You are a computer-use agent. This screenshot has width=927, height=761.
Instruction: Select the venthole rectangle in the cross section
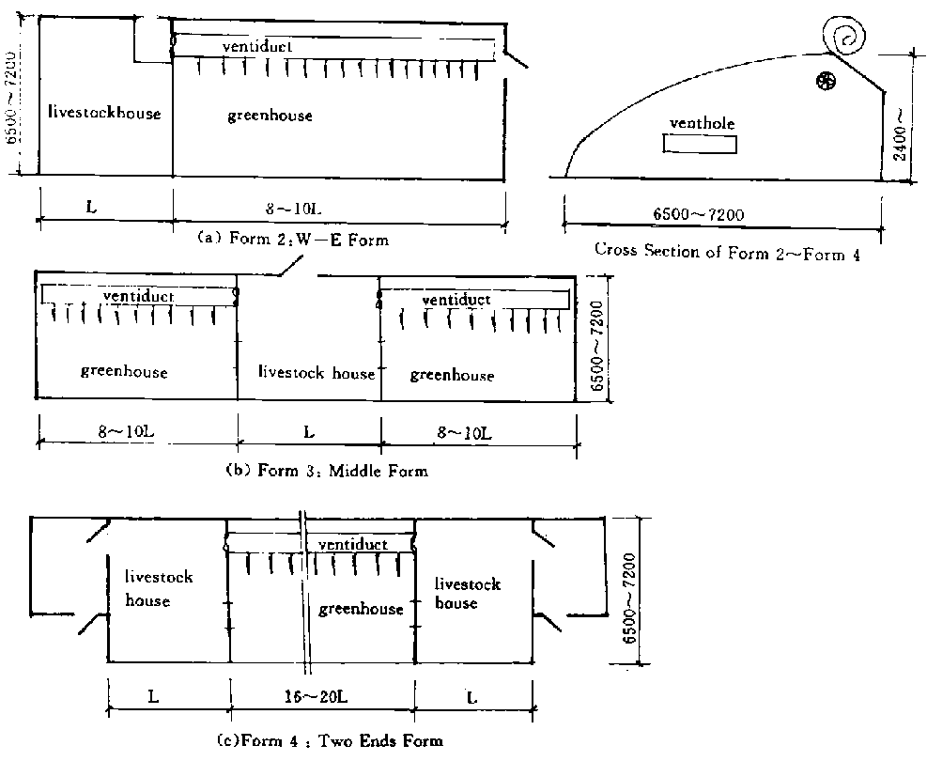point(700,144)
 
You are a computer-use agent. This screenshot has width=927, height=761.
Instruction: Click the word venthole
point(702,123)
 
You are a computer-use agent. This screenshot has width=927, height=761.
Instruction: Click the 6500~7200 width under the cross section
point(698,213)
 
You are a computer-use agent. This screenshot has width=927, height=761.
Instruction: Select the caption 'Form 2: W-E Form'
point(293,239)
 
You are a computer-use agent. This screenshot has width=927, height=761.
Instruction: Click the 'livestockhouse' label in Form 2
point(104,113)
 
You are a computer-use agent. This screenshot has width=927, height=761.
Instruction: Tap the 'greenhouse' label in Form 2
point(270,116)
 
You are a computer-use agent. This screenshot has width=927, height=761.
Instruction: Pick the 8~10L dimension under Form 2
point(293,209)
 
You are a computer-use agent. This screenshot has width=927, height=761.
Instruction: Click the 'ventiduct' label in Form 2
point(257,46)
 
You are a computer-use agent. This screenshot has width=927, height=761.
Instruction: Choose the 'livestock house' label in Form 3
point(317,373)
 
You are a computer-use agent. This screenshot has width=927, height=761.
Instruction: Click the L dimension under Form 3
point(309,432)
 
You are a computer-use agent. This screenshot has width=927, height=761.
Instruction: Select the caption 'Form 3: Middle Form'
point(327,471)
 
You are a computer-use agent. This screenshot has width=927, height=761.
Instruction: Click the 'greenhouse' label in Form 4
point(361,609)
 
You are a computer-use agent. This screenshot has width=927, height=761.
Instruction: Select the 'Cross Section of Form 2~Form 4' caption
point(727,252)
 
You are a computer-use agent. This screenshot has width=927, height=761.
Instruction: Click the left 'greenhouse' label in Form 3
point(124,371)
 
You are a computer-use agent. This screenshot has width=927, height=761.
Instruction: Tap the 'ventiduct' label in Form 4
point(353,544)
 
